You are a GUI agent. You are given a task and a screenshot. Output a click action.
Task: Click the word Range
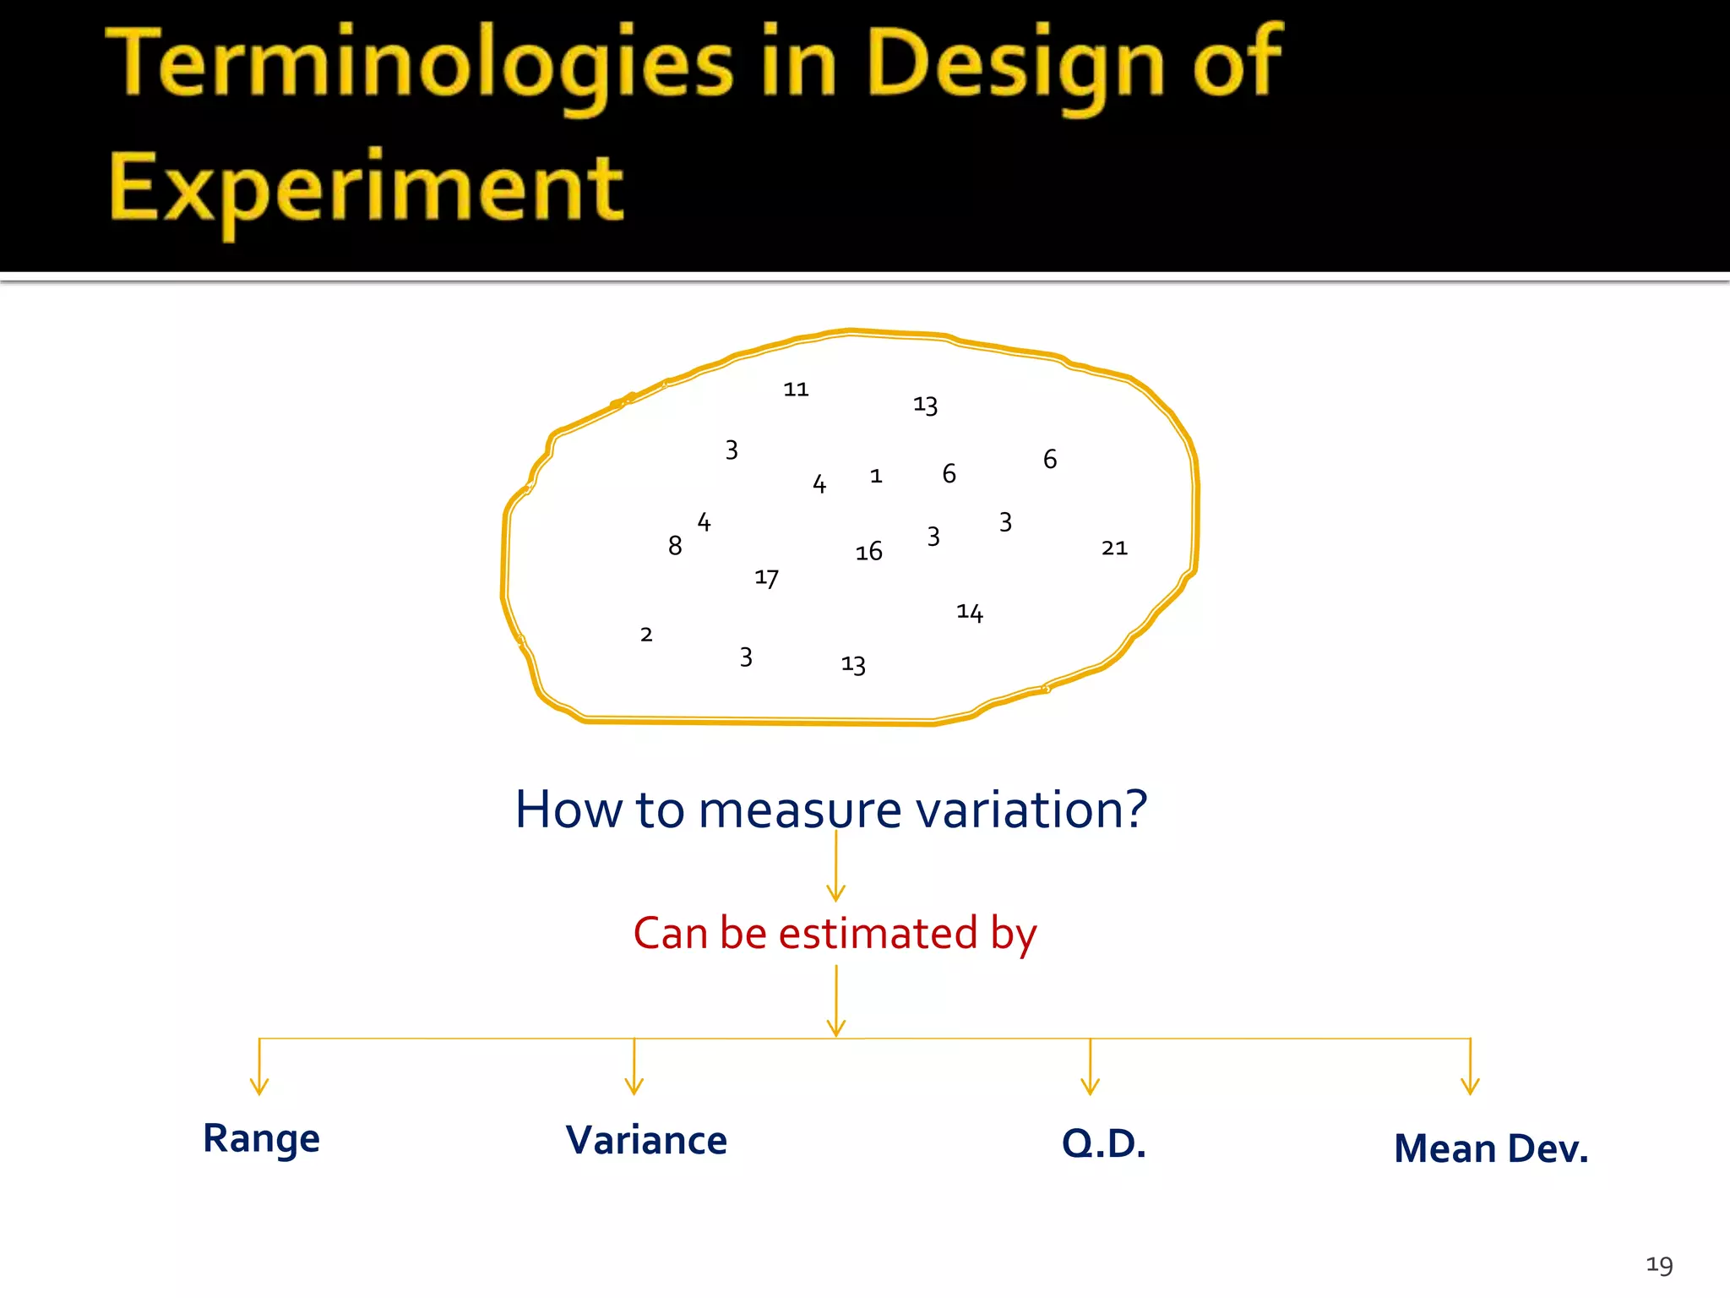[x=261, y=1138]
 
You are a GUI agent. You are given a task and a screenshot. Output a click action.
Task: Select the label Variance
[x=646, y=1140]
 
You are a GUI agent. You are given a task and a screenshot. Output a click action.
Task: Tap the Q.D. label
[x=1103, y=1143]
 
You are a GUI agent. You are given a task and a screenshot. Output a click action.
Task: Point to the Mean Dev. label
[x=1491, y=1148]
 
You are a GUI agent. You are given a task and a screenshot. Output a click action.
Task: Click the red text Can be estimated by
[x=835, y=934]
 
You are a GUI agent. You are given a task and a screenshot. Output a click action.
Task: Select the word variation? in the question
[x=1031, y=810]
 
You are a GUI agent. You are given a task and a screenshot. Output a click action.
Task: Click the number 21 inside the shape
[x=1114, y=548]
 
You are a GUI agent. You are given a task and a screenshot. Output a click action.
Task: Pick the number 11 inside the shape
[x=796, y=390]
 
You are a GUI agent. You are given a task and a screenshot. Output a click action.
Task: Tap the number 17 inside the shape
[x=766, y=578]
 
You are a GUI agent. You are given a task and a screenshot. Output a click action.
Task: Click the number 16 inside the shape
[x=868, y=552]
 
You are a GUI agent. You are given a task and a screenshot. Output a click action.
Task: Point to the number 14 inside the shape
[x=969, y=612]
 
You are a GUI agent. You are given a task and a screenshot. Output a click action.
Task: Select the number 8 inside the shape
[x=674, y=546]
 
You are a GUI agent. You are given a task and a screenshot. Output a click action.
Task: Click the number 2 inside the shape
[x=646, y=635]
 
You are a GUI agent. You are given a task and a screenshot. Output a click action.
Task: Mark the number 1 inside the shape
[x=876, y=477]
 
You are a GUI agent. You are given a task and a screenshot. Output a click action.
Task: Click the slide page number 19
[x=1659, y=1264]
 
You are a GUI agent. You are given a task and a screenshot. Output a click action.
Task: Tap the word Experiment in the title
[x=366, y=188]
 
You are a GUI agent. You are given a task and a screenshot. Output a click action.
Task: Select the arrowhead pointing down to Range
[x=259, y=1086]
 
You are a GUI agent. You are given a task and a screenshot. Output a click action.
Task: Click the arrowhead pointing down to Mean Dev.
[x=1470, y=1086]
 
